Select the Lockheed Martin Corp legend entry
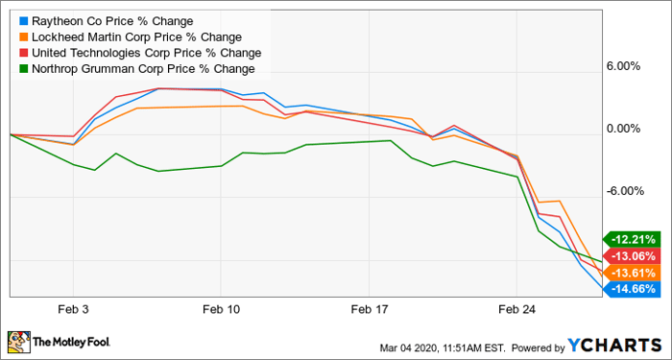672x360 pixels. (x=131, y=37)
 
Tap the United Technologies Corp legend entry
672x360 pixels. (x=140, y=53)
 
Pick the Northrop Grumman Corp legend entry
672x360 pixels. (x=137, y=69)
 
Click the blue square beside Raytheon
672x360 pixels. (x=23, y=21)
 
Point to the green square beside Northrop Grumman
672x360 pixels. (x=23, y=69)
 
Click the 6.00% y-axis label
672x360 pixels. (x=624, y=66)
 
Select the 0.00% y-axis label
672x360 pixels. (x=624, y=129)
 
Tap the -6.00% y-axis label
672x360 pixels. (x=623, y=191)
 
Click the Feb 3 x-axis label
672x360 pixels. (x=73, y=310)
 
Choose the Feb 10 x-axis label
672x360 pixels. (x=221, y=310)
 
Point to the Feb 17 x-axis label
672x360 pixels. (x=369, y=310)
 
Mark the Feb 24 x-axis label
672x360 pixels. (x=517, y=310)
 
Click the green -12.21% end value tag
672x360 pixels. (x=630, y=239)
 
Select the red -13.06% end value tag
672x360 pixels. (x=630, y=256)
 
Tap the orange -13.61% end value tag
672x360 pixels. (x=630, y=273)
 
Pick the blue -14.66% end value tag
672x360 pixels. (x=630, y=289)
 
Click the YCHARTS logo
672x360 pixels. (x=615, y=345)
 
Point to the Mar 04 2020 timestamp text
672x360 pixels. (x=444, y=347)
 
